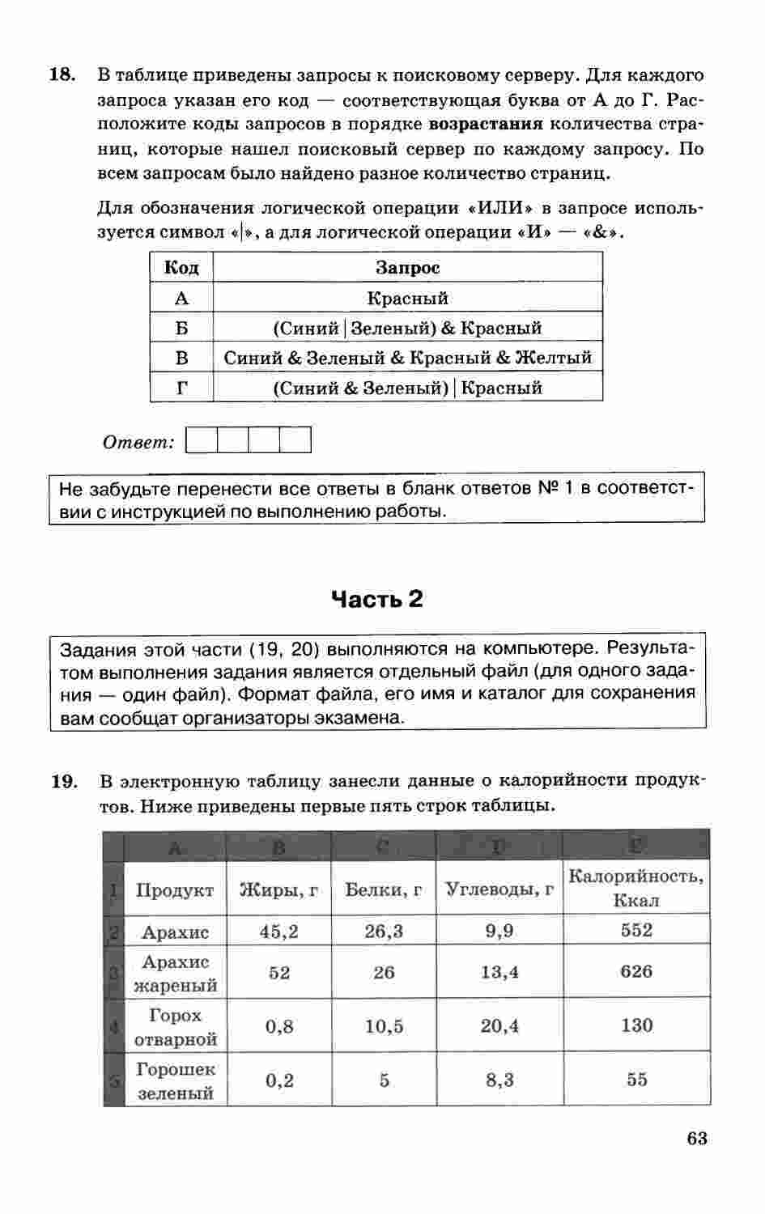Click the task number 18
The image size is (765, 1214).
(62, 75)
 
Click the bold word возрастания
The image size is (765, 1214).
(485, 125)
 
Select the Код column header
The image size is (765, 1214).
(181, 267)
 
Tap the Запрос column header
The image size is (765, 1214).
(407, 267)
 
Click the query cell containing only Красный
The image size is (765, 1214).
(407, 298)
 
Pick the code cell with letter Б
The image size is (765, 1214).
(181, 328)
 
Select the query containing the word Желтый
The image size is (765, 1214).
(407, 358)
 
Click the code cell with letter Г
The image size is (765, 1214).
(181, 388)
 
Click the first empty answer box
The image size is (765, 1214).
(202, 441)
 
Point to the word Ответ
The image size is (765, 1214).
(138, 442)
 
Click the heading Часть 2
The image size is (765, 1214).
(377, 599)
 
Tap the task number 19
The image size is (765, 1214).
(64, 781)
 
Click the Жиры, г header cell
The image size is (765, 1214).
(278, 889)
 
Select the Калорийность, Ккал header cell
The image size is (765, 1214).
(635, 888)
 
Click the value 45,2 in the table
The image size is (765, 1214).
(278, 932)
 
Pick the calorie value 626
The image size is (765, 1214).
(635, 971)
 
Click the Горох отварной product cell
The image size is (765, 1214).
(175, 1026)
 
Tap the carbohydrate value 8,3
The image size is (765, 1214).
(499, 1080)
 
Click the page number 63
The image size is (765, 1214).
(696, 1139)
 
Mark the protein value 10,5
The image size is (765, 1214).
(384, 1026)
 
